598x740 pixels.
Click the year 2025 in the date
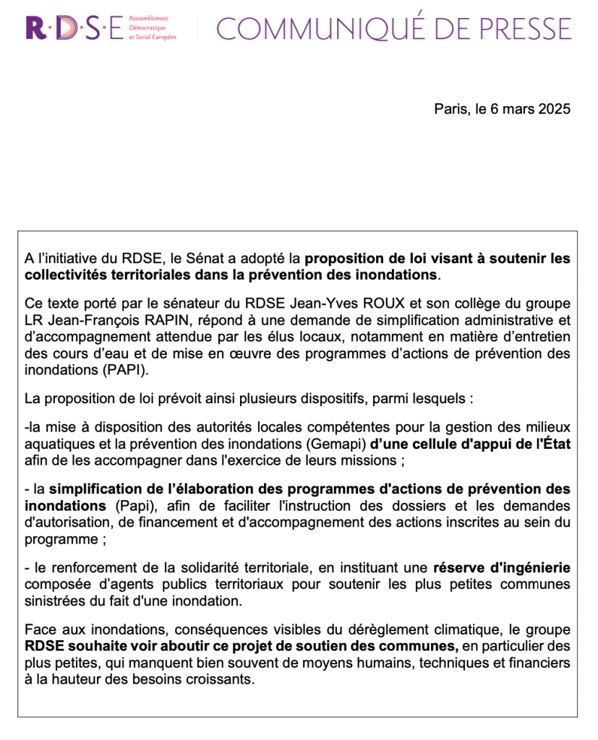[x=555, y=109]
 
